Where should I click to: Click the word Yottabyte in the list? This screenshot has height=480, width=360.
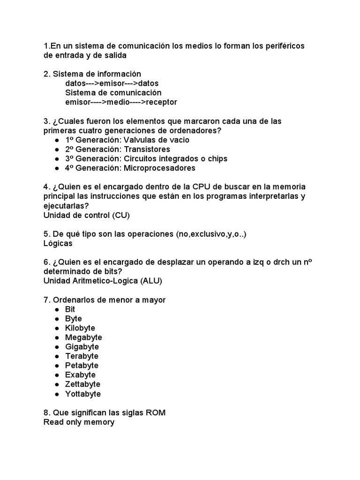click(x=83, y=394)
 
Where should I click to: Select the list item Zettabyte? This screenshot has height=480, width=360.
click(x=82, y=384)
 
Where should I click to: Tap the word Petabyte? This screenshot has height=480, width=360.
click(x=82, y=366)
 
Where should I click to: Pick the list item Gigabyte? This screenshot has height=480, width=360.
click(x=82, y=347)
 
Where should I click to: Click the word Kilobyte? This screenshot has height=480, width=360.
click(x=80, y=328)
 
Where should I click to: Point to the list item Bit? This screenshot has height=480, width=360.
click(x=70, y=309)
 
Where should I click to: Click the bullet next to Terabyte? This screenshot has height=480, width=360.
click(x=57, y=356)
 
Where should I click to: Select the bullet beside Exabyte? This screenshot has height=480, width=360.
click(x=57, y=375)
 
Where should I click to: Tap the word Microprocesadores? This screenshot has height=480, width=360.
click(x=160, y=168)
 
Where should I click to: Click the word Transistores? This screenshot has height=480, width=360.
click(x=147, y=149)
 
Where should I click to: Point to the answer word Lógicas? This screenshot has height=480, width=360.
click(x=58, y=244)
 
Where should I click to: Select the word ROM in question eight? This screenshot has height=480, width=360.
click(x=155, y=412)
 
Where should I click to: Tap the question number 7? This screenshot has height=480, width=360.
click(x=46, y=300)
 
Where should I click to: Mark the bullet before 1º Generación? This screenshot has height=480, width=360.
click(x=57, y=140)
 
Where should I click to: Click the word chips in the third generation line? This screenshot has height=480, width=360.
click(x=217, y=158)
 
